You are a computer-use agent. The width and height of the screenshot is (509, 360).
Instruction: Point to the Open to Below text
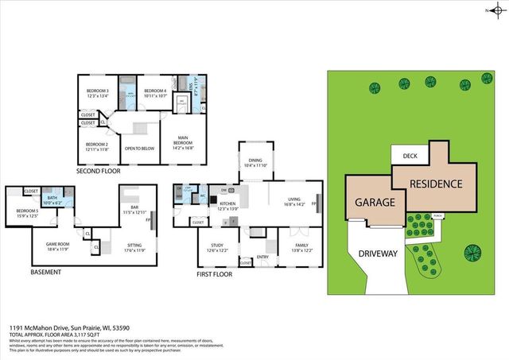(x=138, y=147)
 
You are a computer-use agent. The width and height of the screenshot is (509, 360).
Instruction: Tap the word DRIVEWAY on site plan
(x=378, y=254)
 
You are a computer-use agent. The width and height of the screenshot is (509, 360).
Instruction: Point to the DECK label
(x=410, y=157)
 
